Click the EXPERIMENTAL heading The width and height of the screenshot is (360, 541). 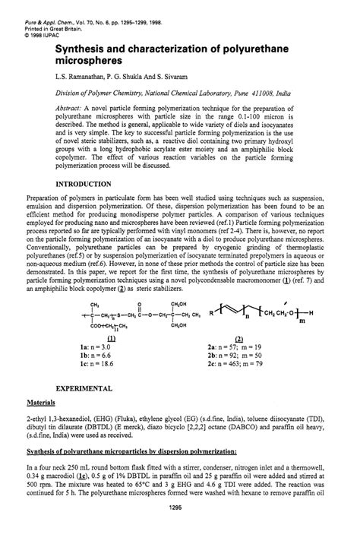point(86,388)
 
